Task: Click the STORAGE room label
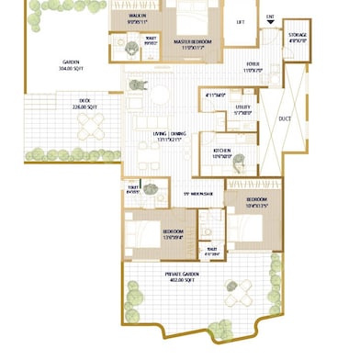(x=298, y=37)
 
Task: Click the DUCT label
(x=284, y=119)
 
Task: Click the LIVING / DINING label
(x=167, y=135)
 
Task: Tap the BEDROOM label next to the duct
(x=256, y=201)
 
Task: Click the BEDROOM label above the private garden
(x=174, y=233)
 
